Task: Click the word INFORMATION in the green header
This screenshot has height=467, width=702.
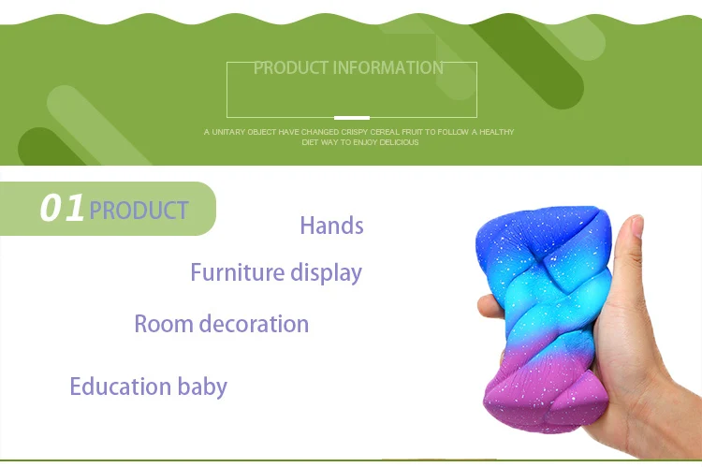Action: (388, 68)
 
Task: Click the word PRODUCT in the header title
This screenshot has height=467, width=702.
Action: (291, 68)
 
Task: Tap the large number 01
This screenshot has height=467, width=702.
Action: (62, 208)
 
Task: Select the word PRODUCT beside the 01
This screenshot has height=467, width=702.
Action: (139, 210)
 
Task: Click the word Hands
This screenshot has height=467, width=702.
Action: (331, 226)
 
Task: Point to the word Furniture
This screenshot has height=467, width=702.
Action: (238, 271)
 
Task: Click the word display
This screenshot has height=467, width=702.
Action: (326, 273)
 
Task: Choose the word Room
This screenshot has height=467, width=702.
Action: (164, 324)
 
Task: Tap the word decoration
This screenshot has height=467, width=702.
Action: (254, 323)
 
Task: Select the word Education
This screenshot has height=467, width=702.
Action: (121, 386)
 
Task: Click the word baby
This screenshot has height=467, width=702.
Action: (202, 387)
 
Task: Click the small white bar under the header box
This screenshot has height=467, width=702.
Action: (352, 118)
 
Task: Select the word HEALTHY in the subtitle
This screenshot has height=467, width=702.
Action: (497, 132)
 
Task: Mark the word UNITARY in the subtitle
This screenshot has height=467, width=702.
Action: (228, 132)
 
